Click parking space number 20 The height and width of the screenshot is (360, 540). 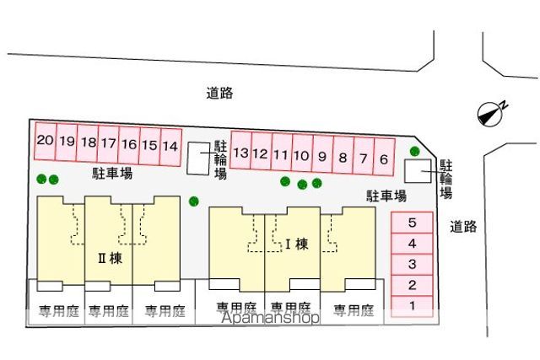click(x=45, y=141)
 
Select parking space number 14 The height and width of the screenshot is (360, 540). click(x=170, y=147)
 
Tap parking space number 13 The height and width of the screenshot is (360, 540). click(x=240, y=151)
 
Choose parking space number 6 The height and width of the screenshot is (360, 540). click(x=384, y=158)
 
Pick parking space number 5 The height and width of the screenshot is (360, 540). click(x=413, y=223)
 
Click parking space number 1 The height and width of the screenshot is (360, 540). click(x=413, y=306)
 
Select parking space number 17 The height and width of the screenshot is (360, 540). click(x=108, y=143)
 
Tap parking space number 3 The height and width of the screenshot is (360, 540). click(x=413, y=265)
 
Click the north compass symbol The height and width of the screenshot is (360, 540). click(x=490, y=114)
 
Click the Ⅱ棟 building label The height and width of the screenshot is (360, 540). click(x=111, y=258)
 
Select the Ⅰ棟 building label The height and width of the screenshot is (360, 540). click(x=297, y=244)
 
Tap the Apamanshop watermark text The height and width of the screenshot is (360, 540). click(x=270, y=317)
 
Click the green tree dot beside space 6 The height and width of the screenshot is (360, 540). click(x=415, y=151)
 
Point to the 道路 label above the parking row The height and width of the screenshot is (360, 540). click(x=219, y=93)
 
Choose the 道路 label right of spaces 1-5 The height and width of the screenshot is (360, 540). click(x=463, y=227)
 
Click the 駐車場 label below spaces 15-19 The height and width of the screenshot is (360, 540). click(x=112, y=173)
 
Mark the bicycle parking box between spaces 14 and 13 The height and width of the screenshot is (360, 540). click(x=198, y=159)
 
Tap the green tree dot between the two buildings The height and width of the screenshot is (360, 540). click(x=194, y=201)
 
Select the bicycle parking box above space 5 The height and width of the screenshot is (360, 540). click(x=418, y=170)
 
